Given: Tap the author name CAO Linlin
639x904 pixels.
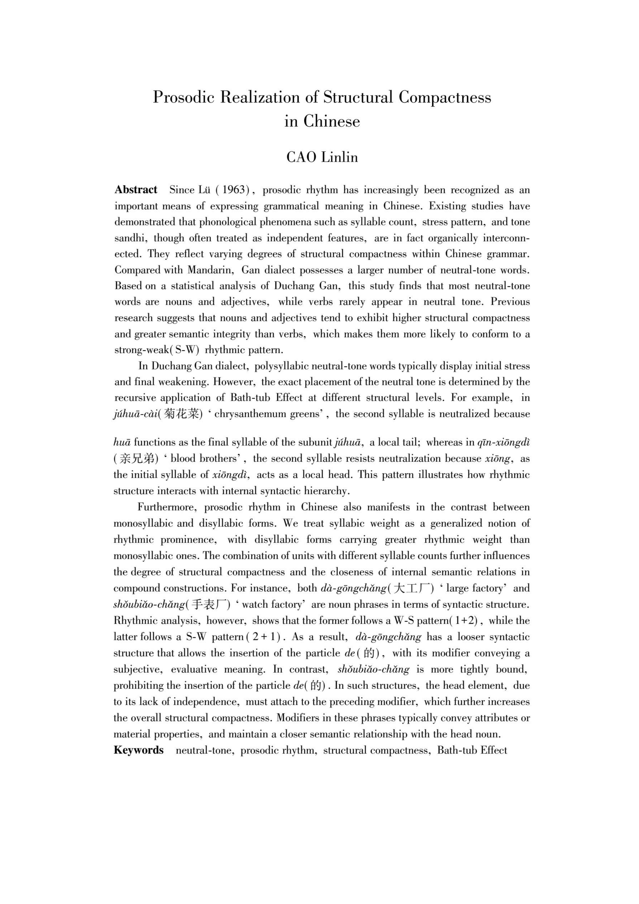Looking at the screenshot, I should [x=322, y=157].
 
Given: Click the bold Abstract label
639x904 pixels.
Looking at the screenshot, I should [x=136, y=190].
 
